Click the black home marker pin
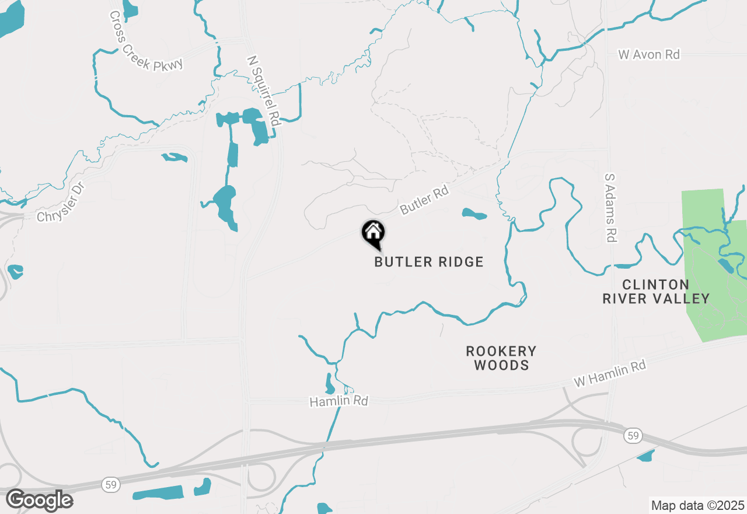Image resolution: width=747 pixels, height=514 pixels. (x=373, y=233)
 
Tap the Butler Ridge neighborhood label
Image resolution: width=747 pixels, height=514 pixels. (x=429, y=262)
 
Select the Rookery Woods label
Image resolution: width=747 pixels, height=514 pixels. (x=501, y=358)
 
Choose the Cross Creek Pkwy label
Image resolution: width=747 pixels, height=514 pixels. (x=146, y=40)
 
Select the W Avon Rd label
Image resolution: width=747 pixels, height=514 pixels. (x=649, y=54)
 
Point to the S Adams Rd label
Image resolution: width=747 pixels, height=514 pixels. (x=610, y=207)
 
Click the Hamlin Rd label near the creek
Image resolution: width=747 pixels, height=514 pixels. (x=338, y=401)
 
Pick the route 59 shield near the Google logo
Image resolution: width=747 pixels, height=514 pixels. (x=109, y=484)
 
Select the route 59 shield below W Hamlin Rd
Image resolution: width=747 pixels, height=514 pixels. (x=631, y=435)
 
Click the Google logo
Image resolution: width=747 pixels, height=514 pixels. (x=39, y=500)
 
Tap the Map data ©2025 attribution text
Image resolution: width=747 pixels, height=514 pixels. (x=697, y=505)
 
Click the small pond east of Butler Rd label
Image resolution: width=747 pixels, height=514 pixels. (x=474, y=214)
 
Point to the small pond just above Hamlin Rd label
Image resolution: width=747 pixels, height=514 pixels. (x=330, y=384)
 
